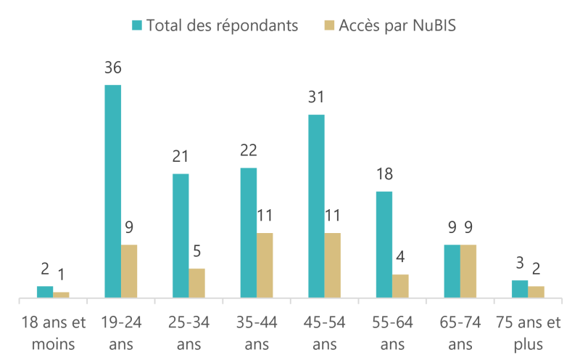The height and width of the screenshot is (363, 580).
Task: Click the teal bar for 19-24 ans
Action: pos(112,192)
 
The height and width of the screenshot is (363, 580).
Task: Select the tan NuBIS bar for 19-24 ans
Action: pos(129,272)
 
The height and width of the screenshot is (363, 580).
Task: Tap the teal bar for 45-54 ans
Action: pos(316,206)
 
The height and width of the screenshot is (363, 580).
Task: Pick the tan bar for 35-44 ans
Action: pos(265,266)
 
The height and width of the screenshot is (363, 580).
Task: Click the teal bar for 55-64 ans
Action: pos(384,245)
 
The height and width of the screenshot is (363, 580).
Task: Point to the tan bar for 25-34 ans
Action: pos(196,283)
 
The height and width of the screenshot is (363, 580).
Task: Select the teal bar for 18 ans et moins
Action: pos(45,292)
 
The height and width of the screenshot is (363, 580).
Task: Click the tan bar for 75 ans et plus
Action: pos(536,292)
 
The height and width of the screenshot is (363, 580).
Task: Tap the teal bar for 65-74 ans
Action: pos(452,272)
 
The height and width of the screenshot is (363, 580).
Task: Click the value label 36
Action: pos(112,68)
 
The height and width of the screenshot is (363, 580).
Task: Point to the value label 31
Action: pos(316,97)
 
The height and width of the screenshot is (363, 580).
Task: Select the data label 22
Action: pos(249,151)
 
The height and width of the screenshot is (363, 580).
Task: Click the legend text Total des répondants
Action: pos(222,25)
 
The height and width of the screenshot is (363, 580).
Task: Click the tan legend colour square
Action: pos(329,25)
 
